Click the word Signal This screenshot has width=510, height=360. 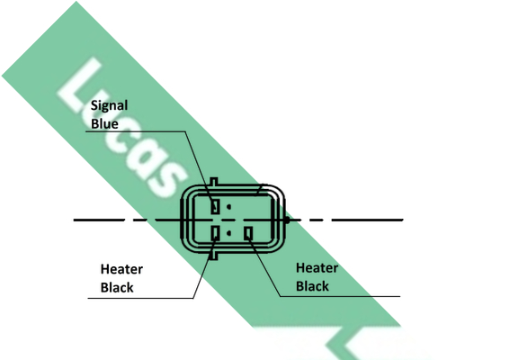(x=109, y=106)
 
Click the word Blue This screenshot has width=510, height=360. (x=104, y=123)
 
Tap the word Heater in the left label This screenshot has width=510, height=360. (x=121, y=269)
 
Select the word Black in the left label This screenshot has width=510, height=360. (x=117, y=287)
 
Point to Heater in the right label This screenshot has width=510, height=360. (x=318, y=268)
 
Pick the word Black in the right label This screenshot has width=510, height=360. (x=313, y=286)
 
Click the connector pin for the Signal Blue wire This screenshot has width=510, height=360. (x=215, y=206)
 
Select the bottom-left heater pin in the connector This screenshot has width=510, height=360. (x=215, y=233)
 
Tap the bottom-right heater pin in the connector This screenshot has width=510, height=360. (x=248, y=233)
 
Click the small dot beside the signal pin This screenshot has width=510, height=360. (x=229, y=207)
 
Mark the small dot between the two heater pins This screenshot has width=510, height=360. (x=229, y=233)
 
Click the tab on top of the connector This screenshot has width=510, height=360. (x=214, y=182)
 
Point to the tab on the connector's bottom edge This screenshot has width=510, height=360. (x=213, y=256)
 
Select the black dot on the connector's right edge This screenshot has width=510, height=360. (x=287, y=220)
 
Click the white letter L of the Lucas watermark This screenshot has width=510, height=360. (x=81, y=86)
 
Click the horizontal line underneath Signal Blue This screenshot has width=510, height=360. (x=136, y=131)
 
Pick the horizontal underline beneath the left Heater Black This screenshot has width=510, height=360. (x=141, y=298)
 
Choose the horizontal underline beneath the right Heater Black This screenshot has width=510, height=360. (x=340, y=296)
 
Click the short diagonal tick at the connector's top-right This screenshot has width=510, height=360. (x=258, y=190)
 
